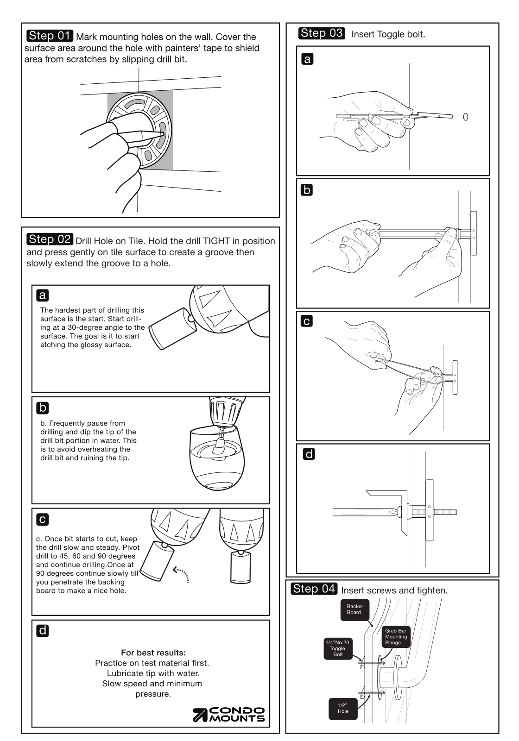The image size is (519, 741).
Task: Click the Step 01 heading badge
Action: [x=50, y=36]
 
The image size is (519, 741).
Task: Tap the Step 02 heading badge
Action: [x=50, y=239]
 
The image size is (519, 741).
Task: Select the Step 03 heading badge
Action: [x=322, y=33]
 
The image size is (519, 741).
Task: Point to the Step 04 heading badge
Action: [x=314, y=589]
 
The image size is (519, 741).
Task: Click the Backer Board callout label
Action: [x=354, y=609]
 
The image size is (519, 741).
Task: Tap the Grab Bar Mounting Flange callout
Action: [x=396, y=637]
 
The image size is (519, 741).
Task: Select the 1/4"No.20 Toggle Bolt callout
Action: [x=338, y=648]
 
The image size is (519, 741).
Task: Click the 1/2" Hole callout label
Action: [x=343, y=708]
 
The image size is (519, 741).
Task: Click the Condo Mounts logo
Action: [x=229, y=715]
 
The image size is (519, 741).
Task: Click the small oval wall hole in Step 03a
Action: [x=465, y=117]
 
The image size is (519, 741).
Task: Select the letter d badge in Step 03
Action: [x=309, y=454]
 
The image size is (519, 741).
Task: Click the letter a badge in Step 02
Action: [x=42, y=295]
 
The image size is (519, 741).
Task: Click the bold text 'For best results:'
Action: [x=153, y=653]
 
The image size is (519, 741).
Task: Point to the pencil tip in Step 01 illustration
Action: [x=162, y=134]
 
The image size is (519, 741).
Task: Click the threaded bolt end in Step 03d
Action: [x=445, y=512]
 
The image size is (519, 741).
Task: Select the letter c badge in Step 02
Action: [x=42, y=519]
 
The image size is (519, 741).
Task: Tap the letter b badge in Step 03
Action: [x=307, y=190]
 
